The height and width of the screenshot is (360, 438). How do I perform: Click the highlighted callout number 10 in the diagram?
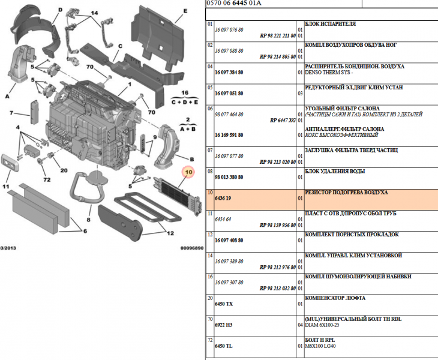[x=188, y=173]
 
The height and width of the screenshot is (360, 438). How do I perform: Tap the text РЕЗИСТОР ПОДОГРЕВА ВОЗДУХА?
[x=346, y=192]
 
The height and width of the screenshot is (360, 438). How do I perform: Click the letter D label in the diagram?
[x=61, y=10]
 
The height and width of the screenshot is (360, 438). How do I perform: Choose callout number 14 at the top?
[x=95, y=13]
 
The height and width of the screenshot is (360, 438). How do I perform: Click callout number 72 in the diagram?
[x=47, y=179]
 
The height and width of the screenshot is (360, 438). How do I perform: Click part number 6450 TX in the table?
[x=223, y=304]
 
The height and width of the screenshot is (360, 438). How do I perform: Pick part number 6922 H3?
[x=224, y=325]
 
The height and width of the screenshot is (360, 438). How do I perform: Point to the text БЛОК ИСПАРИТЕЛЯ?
[x=331, y=23]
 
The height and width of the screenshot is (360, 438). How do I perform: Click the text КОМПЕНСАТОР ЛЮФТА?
[x=335, y=298]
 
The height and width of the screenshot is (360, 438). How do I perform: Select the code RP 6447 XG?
[x=283, y=120]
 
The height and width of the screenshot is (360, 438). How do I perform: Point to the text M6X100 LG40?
[x=322, y=346]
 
